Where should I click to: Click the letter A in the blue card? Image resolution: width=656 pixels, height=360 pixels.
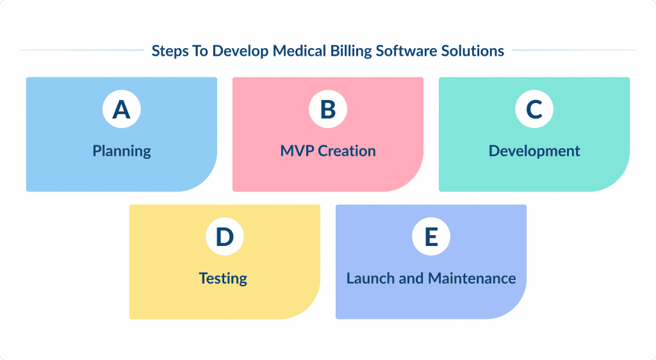pos(121,110)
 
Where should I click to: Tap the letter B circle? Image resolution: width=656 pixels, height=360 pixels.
pos(327,110)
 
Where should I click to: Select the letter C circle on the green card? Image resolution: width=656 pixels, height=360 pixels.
pos(534,110)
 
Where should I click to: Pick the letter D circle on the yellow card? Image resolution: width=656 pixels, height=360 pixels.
pos(224,237)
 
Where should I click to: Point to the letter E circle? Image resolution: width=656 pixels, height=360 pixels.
pos(431,237)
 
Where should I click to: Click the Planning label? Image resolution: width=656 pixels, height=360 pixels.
pos(122,152)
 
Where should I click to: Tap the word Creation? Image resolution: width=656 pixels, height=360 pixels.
pos(347,151)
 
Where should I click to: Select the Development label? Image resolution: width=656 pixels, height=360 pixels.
pos(534,151)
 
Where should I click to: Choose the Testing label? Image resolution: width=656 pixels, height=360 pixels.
pos(223,279)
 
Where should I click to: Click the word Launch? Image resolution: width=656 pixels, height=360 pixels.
pos(369,279)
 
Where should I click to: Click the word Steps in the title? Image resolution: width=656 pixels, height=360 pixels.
pos(170,51)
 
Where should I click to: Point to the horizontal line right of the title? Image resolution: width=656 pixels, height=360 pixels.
pos(573,50)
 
